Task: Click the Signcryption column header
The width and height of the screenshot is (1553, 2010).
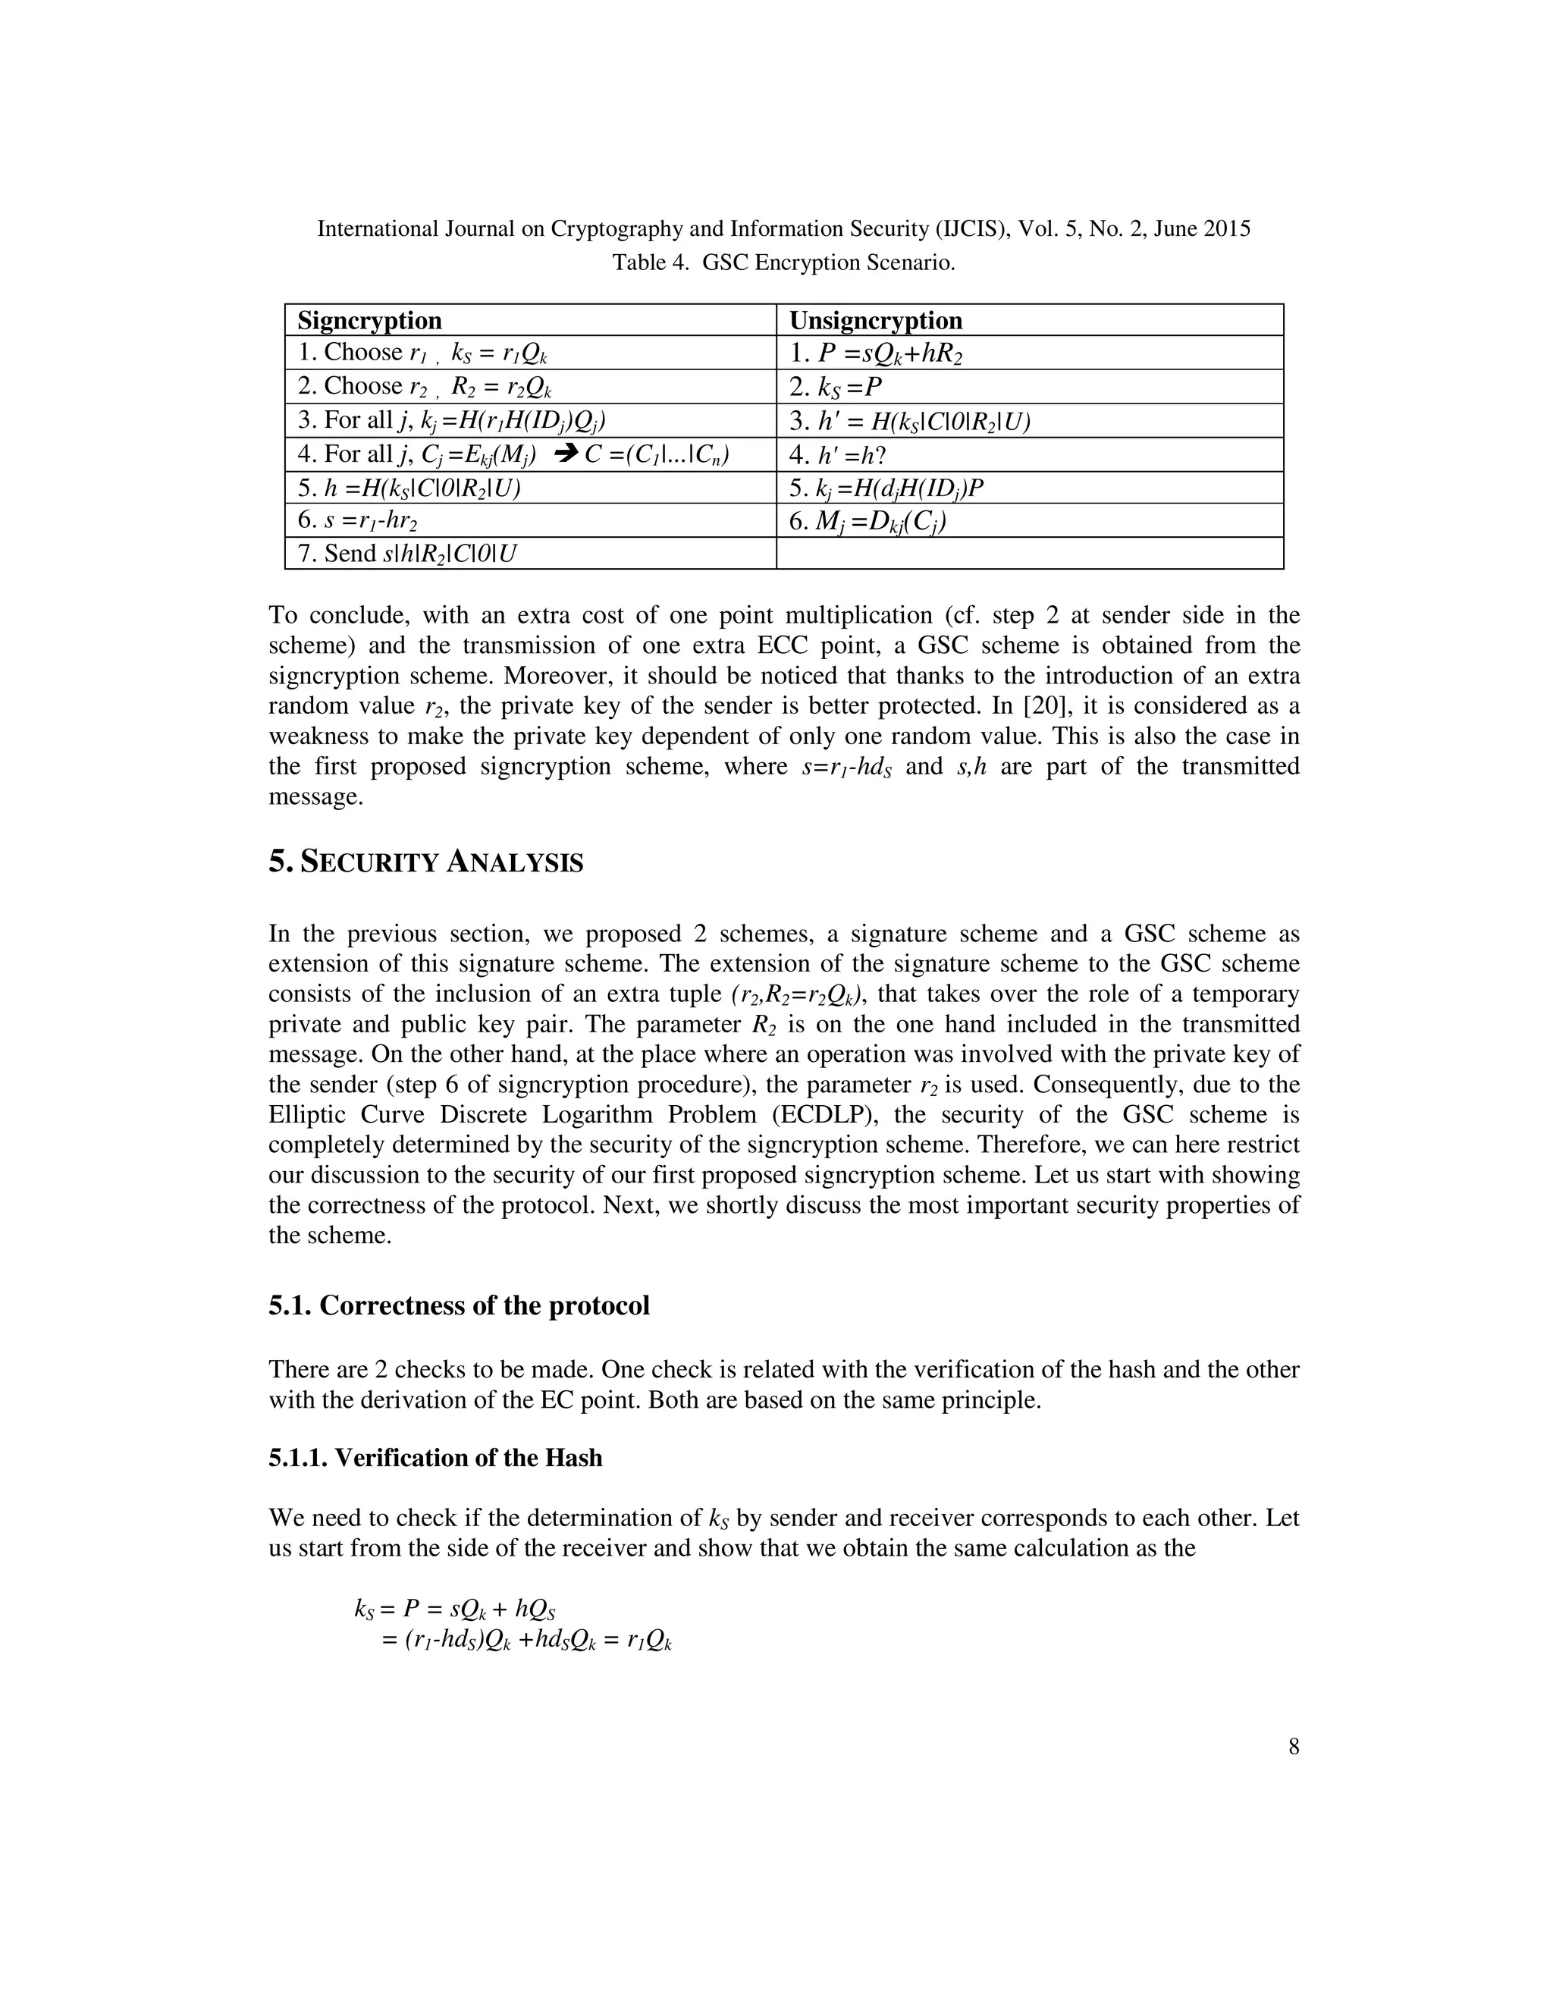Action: [x=369, y=320]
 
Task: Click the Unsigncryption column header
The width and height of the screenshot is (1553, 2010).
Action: [x=876, y=320]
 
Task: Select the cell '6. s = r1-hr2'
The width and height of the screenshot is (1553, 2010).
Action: [x=359, y=521]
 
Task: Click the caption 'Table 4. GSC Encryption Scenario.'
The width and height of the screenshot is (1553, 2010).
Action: [x=784, y=263]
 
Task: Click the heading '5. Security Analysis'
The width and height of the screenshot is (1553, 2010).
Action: [x=426, y=863]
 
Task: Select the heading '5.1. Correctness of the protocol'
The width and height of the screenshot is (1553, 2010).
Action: [x=459, y=1306]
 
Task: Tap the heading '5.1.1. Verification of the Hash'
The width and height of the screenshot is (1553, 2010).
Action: [x=435, y=1458]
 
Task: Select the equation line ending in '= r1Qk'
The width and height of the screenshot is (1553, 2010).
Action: [x=526, y=1639]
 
